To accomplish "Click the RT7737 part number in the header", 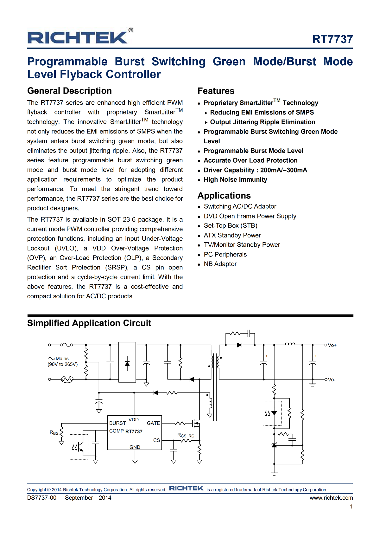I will coord(332,39).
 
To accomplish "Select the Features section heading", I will coord(216,91).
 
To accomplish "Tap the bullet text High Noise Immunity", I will coord(235,180).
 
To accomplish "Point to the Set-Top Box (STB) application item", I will coord(231,226).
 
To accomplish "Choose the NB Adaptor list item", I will coord(220,264).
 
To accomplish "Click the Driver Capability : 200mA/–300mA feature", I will coord(255,170).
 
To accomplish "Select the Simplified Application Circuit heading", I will coord(89,323).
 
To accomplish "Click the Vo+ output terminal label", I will coord(332,345).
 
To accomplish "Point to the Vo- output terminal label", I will coord(332,380).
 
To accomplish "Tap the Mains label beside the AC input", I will coord(62,359).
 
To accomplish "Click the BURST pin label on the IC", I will coord(117,423).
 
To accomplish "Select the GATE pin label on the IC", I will coord(153,423).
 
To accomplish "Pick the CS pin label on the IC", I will coord(156,440).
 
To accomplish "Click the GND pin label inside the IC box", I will coord(135,447).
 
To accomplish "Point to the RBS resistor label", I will coord(54,433).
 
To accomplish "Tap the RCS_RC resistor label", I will coord(186,436).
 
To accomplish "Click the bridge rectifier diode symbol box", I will coord(127,362).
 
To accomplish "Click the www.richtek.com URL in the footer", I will coord(331,498).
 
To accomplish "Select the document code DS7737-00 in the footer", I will coord(42,498).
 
